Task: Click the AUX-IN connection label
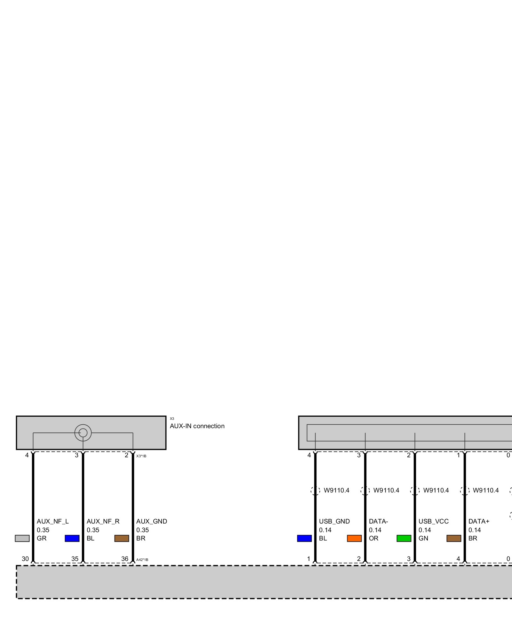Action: (x=197, y=426)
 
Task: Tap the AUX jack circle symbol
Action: (x=83, y=433)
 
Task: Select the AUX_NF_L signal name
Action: (x=52, y=522)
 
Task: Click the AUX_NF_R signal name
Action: (x=103, y=522)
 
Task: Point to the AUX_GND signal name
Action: (x=151, y=522)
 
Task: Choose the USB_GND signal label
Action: (x=334, y=522)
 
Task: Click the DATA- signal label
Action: (x=378, y=522)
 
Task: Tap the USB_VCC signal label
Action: (x=433, y=522)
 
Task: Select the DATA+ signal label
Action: (x=479, y=522)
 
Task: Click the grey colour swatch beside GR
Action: (x=22, y=539)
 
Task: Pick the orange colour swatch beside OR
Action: (x=354, y=539)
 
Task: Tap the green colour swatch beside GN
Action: (x=404, y=539)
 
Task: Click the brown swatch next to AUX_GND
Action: (x=122, y=539)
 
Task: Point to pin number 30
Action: (x=25, y=559)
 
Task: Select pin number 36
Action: (x=124, y=559)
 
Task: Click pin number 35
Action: (x=75, y=559)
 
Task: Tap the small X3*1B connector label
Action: (x=141, y=456)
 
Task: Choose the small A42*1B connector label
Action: (x=142, y=560)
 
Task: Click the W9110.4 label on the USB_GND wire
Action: (x=336, y=491)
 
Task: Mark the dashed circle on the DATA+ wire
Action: (x=465, y=491)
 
